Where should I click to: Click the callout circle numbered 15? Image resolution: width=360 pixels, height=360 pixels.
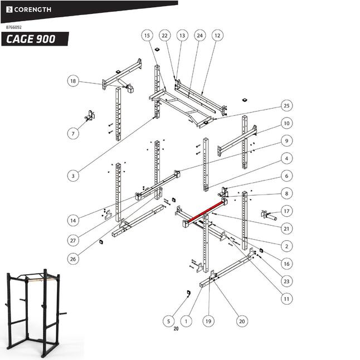[147, 35]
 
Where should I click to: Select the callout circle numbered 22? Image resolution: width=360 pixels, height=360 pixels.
[164, 35]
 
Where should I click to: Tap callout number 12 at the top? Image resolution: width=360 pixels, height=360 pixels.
[217, 35]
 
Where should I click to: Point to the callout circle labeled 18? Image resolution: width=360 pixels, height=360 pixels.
[73, 81]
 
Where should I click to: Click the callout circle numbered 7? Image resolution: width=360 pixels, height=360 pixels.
[73, 133]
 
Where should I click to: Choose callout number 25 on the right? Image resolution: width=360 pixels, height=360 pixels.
[286, 105]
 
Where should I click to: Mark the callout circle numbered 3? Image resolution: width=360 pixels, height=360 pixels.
[73, 176]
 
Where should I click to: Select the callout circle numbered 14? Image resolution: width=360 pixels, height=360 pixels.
[73, 221]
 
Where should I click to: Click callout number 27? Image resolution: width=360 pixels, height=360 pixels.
[73, 240]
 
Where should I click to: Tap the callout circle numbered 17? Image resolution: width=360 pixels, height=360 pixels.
[286, 211]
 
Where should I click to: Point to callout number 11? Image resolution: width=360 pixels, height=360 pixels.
[286, 299]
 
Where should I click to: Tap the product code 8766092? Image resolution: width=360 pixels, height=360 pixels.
[14, 27]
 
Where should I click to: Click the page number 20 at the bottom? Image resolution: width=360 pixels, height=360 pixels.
[176, 329]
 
